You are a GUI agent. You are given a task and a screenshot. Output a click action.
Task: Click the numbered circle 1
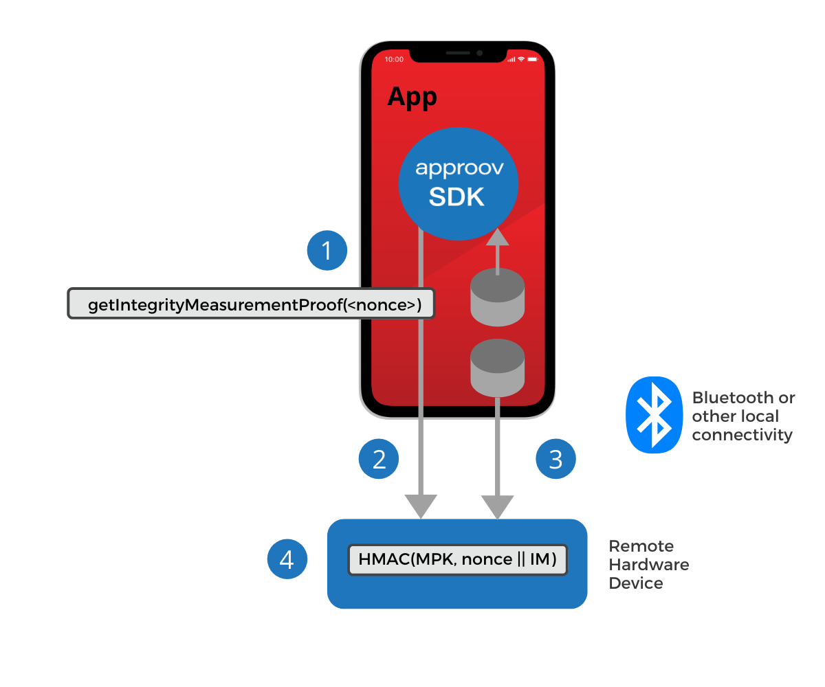(x=327, y=251)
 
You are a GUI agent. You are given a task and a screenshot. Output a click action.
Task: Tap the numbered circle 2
(x=379, y=459)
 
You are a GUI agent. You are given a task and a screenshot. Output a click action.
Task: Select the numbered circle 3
(x=555, y=459)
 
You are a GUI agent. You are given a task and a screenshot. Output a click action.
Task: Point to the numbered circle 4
(x=287, y=559)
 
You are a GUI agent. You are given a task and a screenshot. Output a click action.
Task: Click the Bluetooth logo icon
(x=653, y=414)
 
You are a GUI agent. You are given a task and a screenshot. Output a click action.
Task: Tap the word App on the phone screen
(x=412, y=97)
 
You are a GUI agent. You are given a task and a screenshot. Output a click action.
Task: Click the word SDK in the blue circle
(x=457, y=197)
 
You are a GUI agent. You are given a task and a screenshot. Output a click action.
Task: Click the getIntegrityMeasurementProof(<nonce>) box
(x=252, y=304)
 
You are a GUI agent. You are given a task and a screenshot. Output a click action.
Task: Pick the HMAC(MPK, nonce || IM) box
(x=457, y=560)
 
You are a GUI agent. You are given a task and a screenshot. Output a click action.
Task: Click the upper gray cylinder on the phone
(x=497, y=297)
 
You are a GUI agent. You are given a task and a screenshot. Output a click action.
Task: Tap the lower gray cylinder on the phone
(x=497, y=368)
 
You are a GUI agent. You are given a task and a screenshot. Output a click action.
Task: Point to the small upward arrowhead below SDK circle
(x=497, y=237)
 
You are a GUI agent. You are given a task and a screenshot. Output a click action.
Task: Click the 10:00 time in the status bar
(x=394, y=60)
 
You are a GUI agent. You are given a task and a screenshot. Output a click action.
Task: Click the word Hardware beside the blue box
(x=649, y=565)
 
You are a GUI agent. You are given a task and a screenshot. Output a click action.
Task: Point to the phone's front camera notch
(x=458, y=53)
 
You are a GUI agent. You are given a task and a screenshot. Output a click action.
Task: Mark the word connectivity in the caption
(x=742, y=435)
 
